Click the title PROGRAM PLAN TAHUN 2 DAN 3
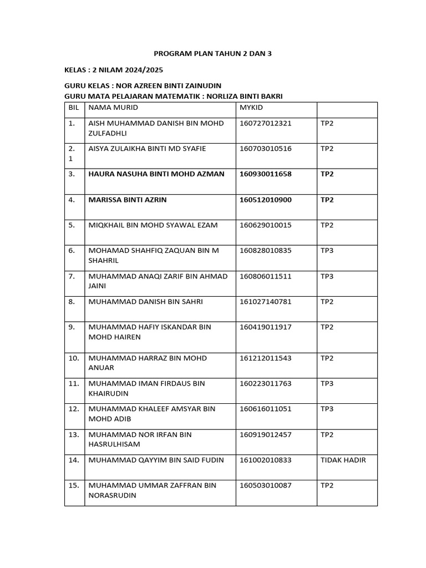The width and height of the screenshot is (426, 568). click(213, 54)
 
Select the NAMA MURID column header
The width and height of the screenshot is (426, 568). click(113, 108)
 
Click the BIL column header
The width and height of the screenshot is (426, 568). click(74, 108)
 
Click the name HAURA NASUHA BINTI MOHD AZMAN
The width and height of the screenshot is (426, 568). click(156, 174)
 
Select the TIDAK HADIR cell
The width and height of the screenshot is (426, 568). click(343, 460)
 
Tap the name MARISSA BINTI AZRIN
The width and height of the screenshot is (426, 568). click(128, 200)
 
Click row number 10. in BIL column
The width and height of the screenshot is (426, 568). click(74, 358)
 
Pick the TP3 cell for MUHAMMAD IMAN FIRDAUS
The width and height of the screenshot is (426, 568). click(327, 383)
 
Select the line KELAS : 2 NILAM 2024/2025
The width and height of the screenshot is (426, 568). click(114, 70)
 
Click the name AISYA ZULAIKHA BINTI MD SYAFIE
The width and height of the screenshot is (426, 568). click(147, 149)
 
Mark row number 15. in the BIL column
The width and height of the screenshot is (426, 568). click(74, 485)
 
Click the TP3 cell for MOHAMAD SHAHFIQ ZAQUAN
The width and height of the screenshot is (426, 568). click(327, 251)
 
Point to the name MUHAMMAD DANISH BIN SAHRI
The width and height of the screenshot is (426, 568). click(145, 302)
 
